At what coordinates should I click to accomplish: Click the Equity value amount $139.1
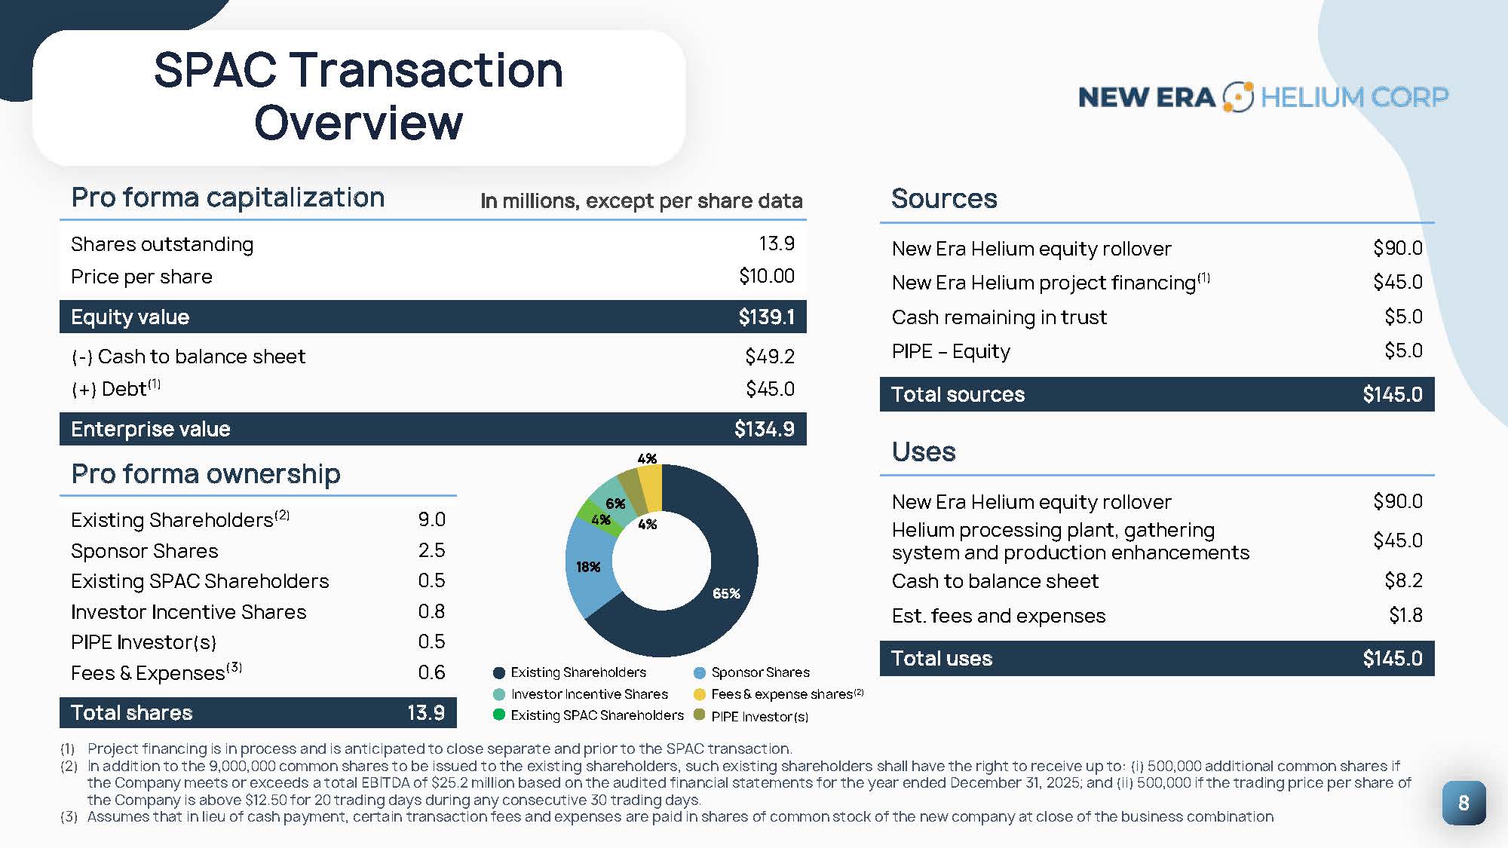[x=766, y=317]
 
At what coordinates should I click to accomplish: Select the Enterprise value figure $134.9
[x=764, y=429]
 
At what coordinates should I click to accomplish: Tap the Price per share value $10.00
[x=766, y=276]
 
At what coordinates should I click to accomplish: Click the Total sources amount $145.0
[x=1392, y=394]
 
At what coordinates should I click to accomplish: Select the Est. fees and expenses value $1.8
[x=1405, y=615]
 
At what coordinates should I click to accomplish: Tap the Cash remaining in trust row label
[x=999, y=317]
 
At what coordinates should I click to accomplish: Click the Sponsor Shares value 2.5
[x=431, y=550]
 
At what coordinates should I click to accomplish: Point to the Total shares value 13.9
[x=425, y=712]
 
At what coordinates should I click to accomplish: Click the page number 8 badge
[x=1463, y=803]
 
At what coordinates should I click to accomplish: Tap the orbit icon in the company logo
[x=1237, y=96]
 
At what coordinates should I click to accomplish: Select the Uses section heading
[x=924, y=452]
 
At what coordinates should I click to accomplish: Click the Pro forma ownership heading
[x=206, y=473]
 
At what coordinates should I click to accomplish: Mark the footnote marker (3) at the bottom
[x=68, y=816]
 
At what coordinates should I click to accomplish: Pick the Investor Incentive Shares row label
[x=188, y=612]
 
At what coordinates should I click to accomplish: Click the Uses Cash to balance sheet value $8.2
[x=1403, y=580]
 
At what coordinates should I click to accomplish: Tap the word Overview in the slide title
[x=358, y=123]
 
